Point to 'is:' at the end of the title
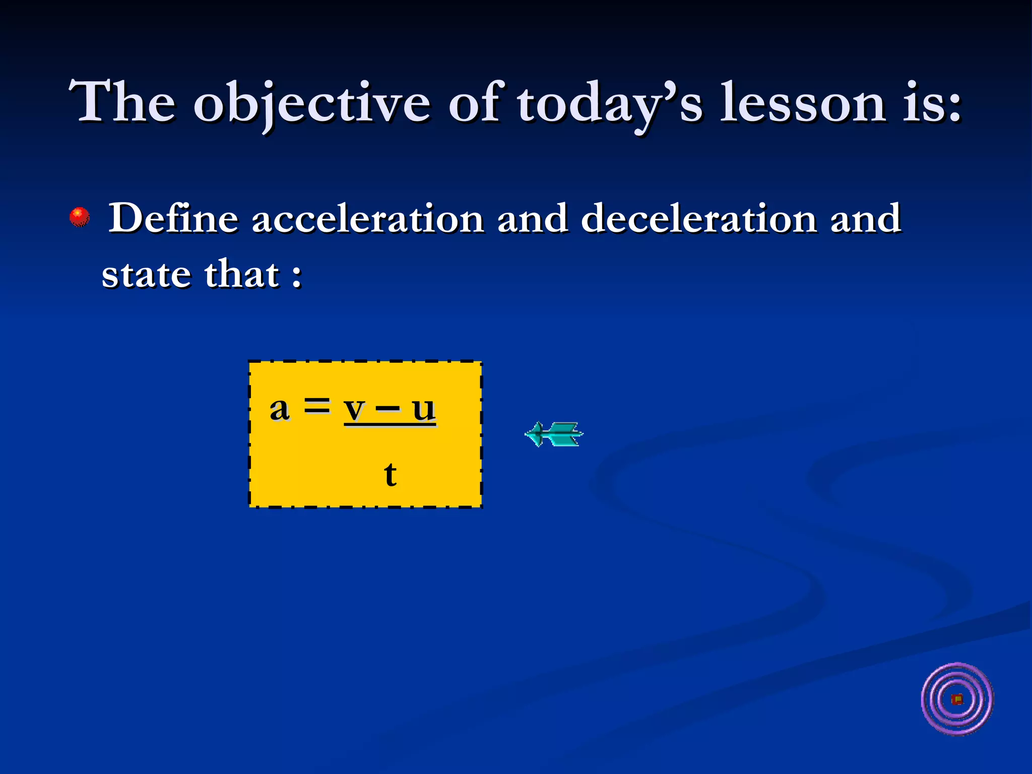[x=932, y=103]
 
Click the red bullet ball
[x=80, y=217]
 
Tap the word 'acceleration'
[x=367, y=219]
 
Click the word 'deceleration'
[x=698, y=219]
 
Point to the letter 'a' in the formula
[x=280, y=409]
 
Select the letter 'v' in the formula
[x=354, y=410]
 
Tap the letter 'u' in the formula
[x=423, y=409]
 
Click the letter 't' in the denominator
[x=390, y=474]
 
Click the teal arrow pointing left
[x=554, y=434]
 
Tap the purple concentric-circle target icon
[x=956, y=699]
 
